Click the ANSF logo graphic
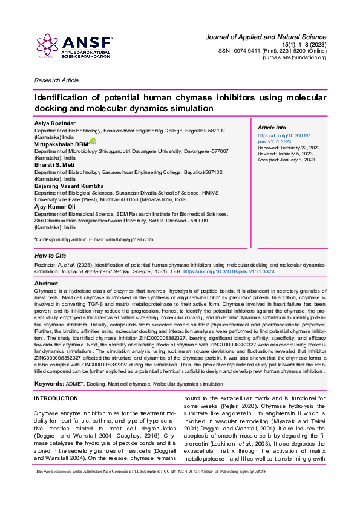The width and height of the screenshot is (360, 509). (x=73, y=46)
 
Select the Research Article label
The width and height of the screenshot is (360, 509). (x=56, y=80)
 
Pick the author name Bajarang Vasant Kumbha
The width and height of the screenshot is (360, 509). (x=68, y=186)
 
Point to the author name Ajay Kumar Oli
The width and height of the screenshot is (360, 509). (x=56, y=207)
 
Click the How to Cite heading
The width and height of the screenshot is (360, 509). (x=50, y=256)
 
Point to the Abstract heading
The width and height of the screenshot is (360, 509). (x=46, y=284)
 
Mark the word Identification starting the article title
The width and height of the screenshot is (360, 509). (x=61, y=97)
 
